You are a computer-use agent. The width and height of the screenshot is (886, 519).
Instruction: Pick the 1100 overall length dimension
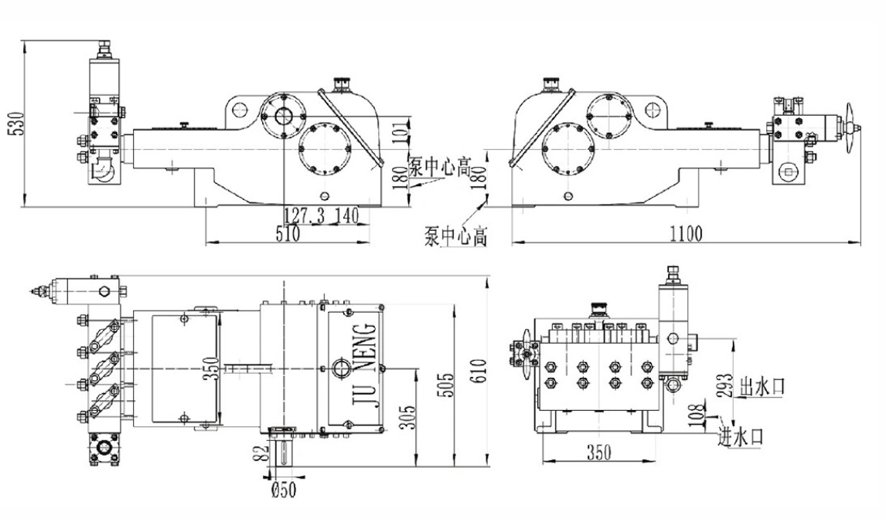685,232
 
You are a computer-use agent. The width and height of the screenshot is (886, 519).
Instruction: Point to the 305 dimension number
410,417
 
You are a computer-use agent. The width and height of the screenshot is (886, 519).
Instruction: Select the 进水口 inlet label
741,436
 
